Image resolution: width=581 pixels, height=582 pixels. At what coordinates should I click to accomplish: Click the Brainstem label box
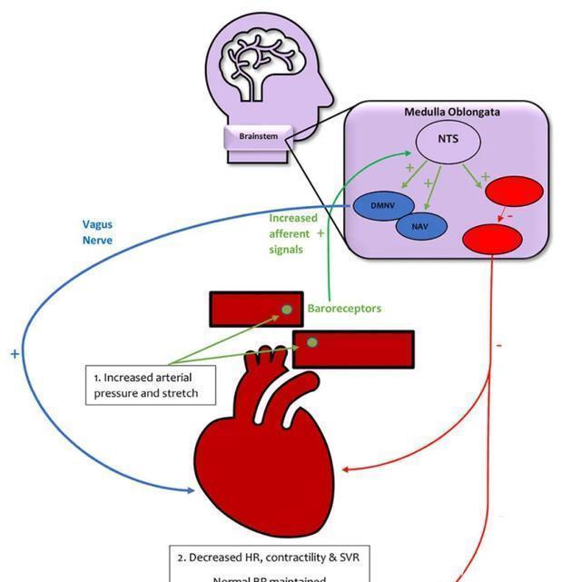pos(258,136)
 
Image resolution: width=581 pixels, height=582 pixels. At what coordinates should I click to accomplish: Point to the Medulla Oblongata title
pos(451,113)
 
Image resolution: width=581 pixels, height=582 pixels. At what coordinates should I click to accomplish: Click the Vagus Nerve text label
pos(97,232)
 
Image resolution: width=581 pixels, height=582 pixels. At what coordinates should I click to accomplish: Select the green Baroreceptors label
pos(344,309)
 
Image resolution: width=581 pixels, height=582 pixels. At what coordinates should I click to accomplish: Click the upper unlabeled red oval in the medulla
pos(515,192)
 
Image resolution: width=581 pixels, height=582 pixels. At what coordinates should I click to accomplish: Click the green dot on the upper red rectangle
pos(287,310)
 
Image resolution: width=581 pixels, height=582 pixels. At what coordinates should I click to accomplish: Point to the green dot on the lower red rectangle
pos(312,343)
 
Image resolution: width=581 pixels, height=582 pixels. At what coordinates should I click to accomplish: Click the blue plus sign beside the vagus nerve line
pos(15,354)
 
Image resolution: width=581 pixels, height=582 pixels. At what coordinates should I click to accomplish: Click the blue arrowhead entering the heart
pos(192,491)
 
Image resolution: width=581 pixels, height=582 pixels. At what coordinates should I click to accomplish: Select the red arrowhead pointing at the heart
pos(350,469)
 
